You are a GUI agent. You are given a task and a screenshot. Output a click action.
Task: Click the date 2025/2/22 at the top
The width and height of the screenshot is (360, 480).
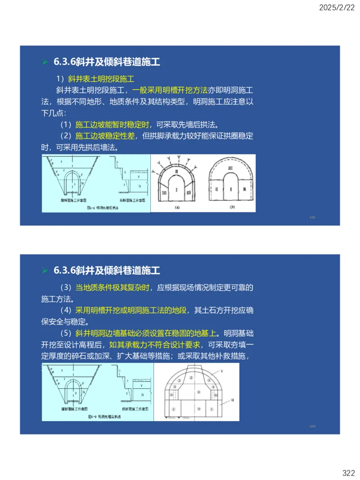[337, 8]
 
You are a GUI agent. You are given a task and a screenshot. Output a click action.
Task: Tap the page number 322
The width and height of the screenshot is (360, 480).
[348, 473]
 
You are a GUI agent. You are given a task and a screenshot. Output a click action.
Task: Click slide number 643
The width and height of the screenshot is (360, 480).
[312, 217]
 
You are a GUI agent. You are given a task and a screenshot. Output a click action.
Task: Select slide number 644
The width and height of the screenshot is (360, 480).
[312, 426]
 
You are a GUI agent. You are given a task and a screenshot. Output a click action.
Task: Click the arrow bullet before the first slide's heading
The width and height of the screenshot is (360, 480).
[45, 62]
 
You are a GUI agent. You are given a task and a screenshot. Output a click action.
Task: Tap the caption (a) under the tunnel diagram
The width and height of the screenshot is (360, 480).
[177, 207]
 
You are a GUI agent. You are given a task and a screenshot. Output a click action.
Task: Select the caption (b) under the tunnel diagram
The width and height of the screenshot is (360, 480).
[232, 207]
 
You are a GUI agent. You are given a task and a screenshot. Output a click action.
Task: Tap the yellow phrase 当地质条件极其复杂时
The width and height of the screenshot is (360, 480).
[114, 287]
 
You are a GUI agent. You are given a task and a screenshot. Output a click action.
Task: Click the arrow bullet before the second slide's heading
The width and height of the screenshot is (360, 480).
[45, 270]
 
